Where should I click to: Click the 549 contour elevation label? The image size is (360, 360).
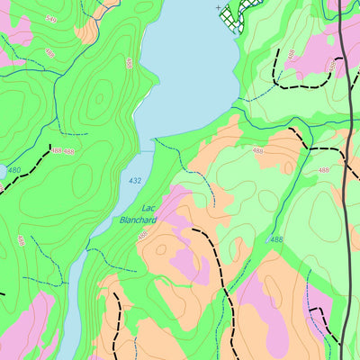[x=50, y=19]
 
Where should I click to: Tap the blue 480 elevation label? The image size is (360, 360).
[x=13, y=169]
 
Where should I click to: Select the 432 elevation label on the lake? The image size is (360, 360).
[x=135, y=181]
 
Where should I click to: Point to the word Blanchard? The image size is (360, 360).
[x=138, y=219]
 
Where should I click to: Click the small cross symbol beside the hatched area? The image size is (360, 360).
[x=219, y=7]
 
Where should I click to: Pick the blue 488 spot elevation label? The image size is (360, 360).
[x=275, y=240]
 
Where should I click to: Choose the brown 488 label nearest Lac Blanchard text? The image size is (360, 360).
[x=142, y=236]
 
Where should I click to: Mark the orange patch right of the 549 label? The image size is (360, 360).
[x=86, y=29]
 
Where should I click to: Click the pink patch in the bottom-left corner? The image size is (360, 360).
[x=27, y=328]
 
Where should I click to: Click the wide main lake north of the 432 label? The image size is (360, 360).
[x=184, y=72]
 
